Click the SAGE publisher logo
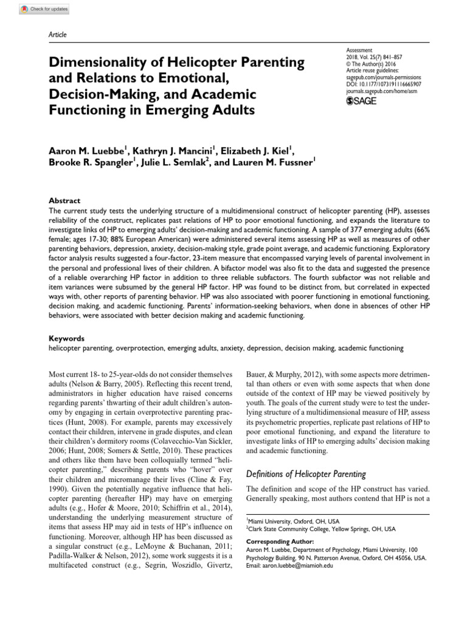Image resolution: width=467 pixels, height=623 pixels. [x=361, y=100]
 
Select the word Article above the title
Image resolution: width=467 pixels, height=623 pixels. [x=57, y=35]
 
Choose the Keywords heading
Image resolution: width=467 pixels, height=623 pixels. [x=66, y=338]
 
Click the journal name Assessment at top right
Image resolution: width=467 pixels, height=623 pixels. [x=359, y=52]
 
